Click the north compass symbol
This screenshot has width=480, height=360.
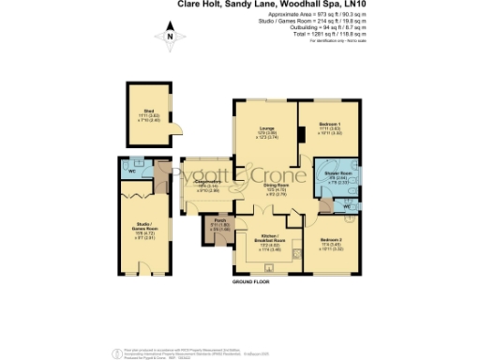[x=170, y=38]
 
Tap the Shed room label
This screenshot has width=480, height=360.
[x=148, y=112]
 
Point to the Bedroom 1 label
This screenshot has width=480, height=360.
[x=325, y=129]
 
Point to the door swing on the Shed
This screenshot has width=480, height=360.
[x=182, y=129]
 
